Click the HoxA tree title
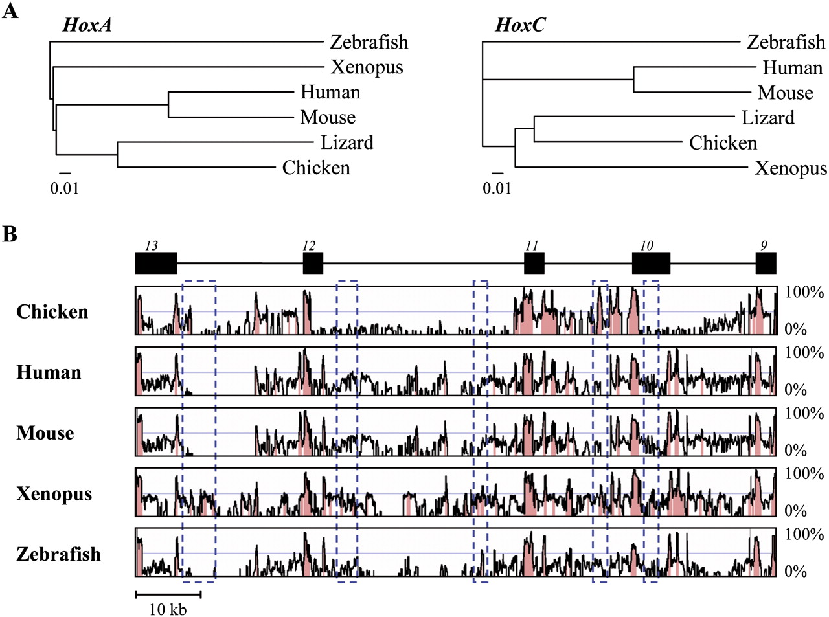87,25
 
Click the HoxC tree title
520,25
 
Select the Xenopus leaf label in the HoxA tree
367,67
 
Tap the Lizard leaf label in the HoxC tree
767,118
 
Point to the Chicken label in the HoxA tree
316,168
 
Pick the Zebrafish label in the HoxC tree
786,42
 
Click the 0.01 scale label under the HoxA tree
65,188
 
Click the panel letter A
10,12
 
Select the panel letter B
10,234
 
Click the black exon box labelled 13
155,264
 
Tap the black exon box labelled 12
313,264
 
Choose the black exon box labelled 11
534,264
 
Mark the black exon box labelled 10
651,264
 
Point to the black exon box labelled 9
766,264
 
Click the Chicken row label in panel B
52,312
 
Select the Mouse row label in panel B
45,433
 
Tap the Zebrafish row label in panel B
58,554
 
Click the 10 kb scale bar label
168,609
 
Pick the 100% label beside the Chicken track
804,292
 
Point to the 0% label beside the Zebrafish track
795,571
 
